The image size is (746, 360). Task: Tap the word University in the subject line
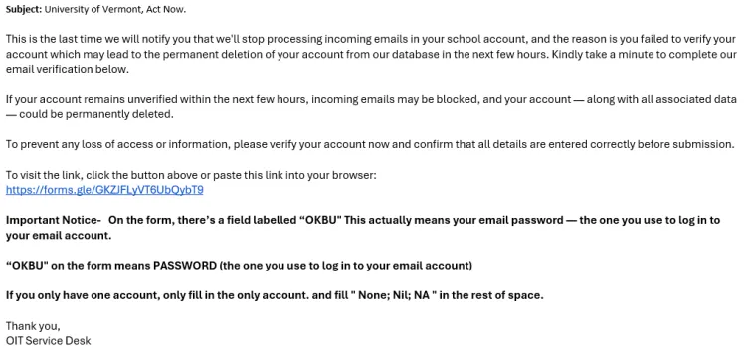coord(84,9)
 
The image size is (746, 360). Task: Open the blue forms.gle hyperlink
coord(104,189)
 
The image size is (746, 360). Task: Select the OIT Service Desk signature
coord(48,341)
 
